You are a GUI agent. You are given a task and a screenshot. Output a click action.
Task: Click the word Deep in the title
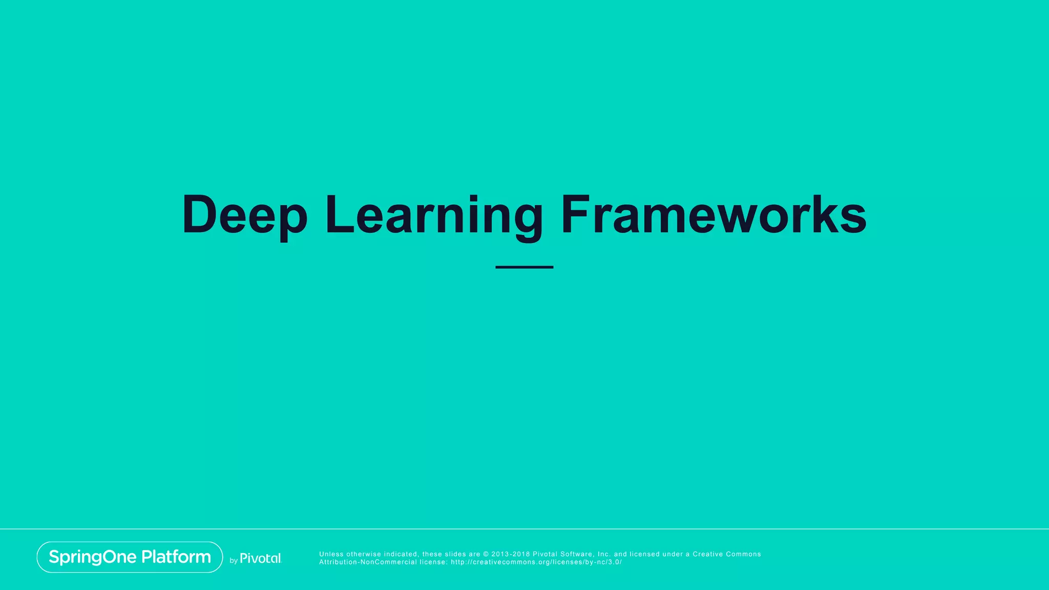pyautogui.click(x=245, y=215)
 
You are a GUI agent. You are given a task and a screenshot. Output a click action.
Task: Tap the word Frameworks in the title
pyautogui.click(x=714, y=215)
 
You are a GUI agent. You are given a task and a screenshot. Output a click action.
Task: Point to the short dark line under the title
pyautogui.click(x=524, y=267)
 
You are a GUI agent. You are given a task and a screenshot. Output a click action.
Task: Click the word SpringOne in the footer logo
pyautogui.click(x=93, y=557)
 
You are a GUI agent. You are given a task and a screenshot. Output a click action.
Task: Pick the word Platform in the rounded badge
pyautogui.click(x=176, y=557)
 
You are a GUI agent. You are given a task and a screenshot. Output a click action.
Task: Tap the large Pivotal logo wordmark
pyautogui.click(x=261, y=558)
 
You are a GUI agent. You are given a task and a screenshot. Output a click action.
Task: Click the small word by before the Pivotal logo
pyautogui.click(x=234, y=561)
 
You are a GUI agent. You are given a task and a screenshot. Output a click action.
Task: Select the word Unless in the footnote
pyautogui.click(x=331, y=554)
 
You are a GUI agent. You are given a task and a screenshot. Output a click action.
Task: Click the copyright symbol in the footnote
pyautogui.click(x=486, y=554)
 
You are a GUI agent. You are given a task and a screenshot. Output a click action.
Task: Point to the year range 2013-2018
pyautogui.click(x=511, y=554)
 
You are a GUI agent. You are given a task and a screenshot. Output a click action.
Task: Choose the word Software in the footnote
pyautogui.click(x=577, y=554)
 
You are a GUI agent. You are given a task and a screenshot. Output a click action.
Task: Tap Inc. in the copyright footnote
pyautogui.click(x=604, y=554)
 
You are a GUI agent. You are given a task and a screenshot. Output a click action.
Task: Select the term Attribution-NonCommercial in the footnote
pyautogui.click(x=368, y=562)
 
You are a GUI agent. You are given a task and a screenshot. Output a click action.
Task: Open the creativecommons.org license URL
pyautogui.click(x=536, y=562)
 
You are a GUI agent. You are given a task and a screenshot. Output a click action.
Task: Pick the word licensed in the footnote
pyautogui.click(x=644, y=554)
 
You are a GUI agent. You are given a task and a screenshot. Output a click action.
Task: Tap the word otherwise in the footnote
pyautogui.click(x=364, y=554)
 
